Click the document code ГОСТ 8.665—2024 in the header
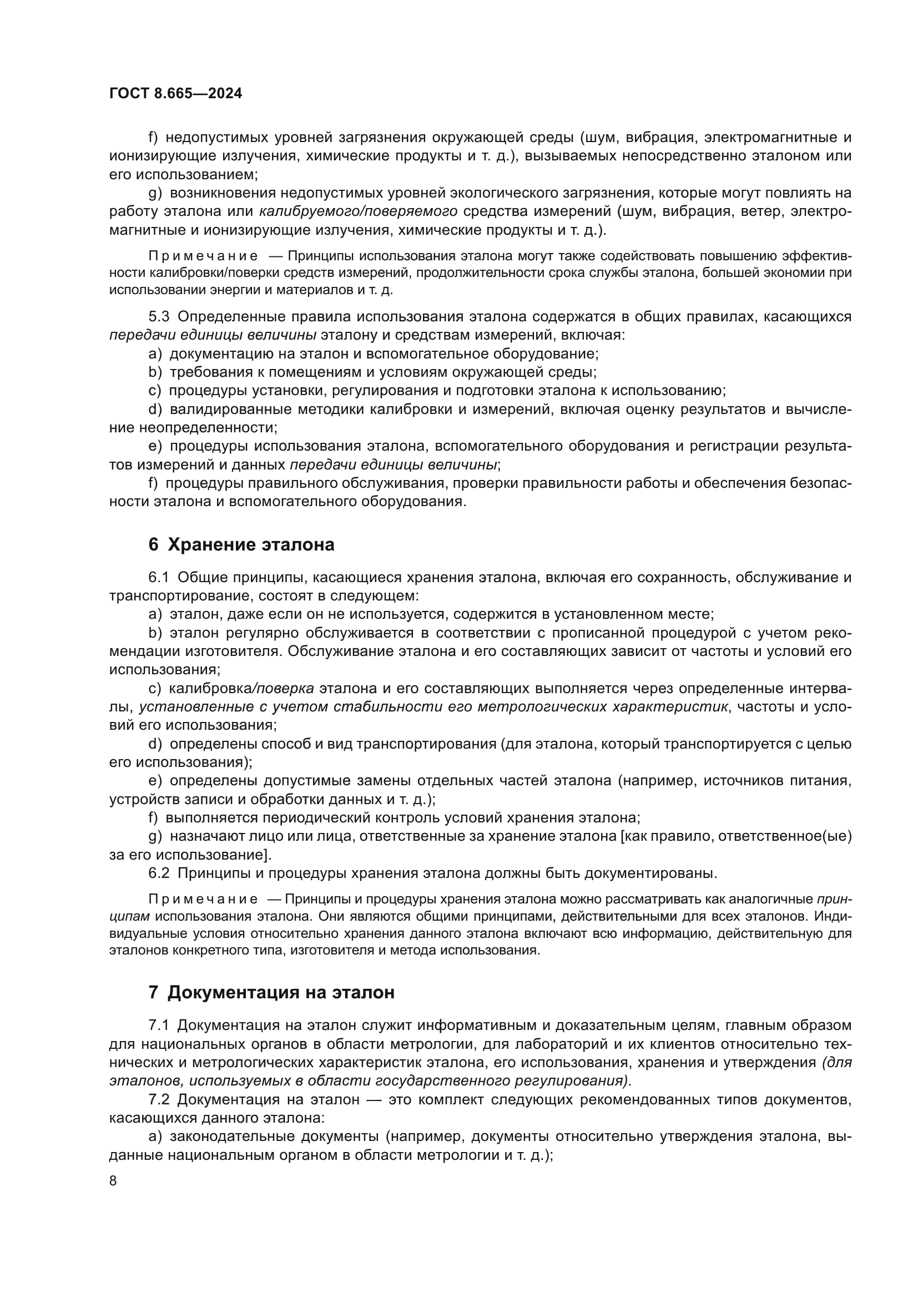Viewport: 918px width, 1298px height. pyautogui.click(x=175, y=94)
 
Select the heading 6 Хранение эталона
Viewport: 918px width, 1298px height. pyautogui.click(x=241, y=545)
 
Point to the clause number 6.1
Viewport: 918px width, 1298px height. pyautogui.click(x=159, y=578)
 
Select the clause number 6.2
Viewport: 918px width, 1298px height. pyautogui.click(x=159, y=873)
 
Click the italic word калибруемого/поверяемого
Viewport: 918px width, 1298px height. pyautogui.click(x=359, y=211)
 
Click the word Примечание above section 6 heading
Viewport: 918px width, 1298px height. pyautogui.click(x=203, y=256)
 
